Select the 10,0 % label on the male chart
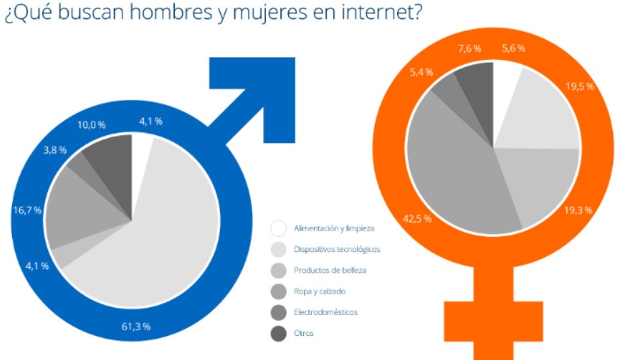[91, 125]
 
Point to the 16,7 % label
[28, 210]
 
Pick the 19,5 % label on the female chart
[580, 87]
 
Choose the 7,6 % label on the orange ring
[469, 49]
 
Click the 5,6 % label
[515, 49]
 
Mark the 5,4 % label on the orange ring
[422, 71]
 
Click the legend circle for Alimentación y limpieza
[279, 228]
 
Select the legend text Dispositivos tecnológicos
[336, 249]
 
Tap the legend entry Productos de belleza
[331, 270]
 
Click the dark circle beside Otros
[279, 332]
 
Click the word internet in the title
[378, 13]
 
